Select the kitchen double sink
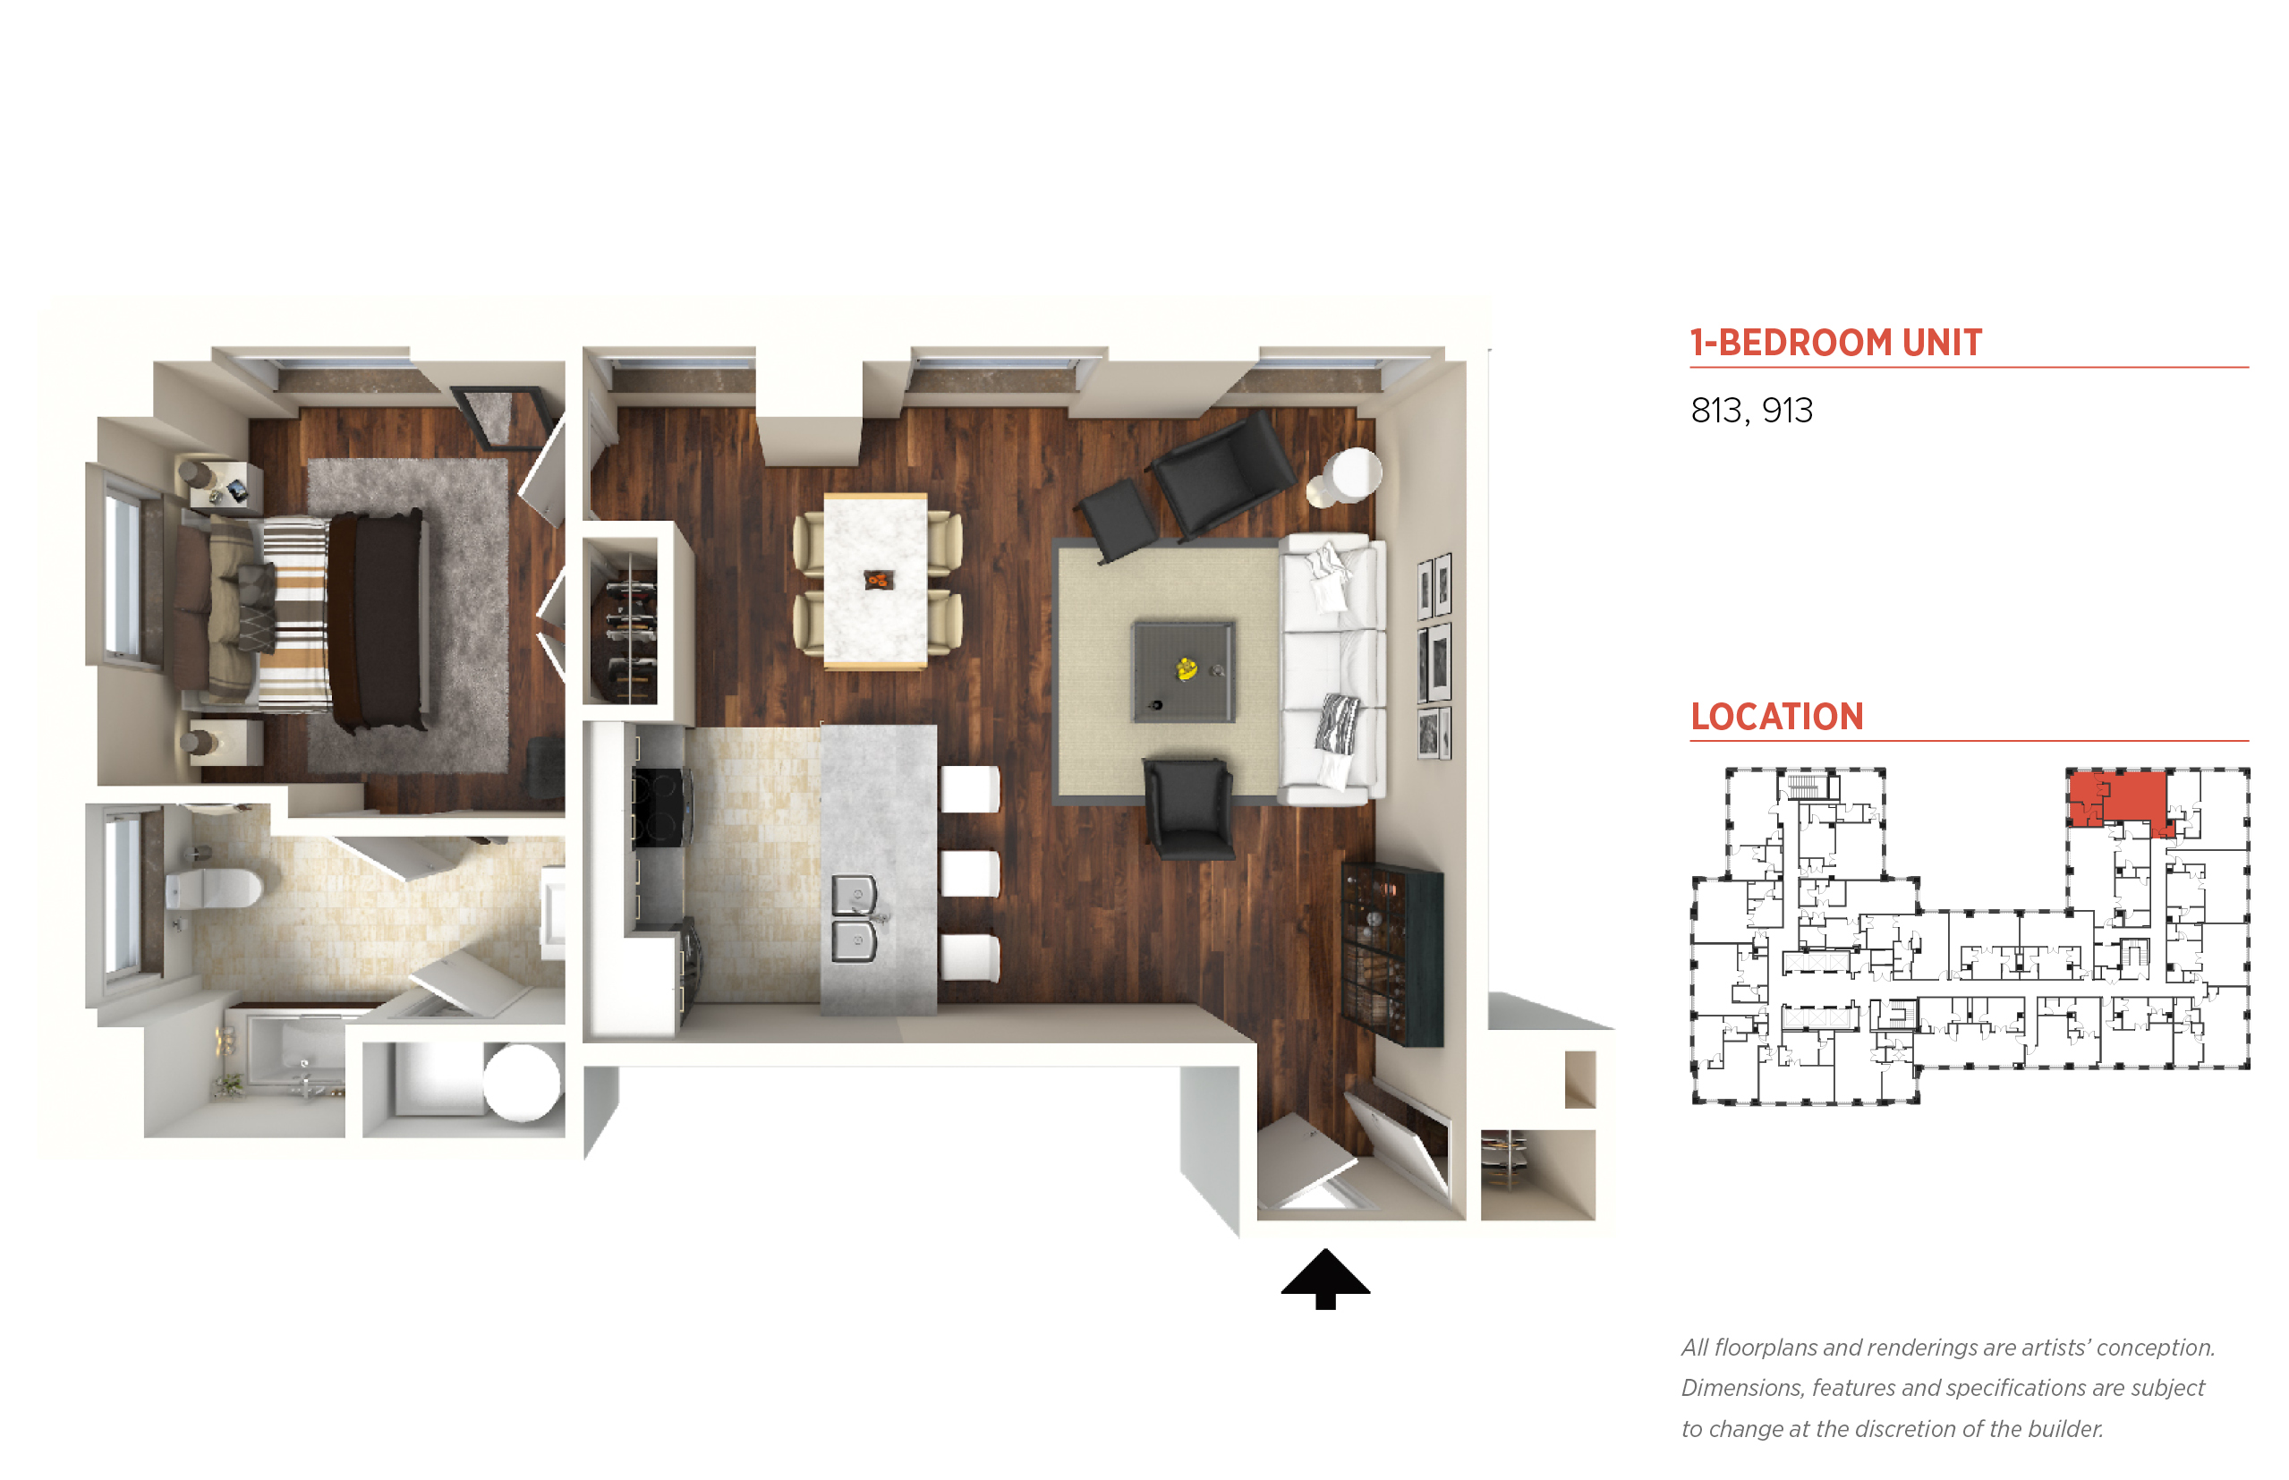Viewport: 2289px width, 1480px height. [x=855, y=918]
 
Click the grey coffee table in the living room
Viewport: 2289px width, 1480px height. [x=1183, y=671]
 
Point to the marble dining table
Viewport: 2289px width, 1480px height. [x=875, y=581]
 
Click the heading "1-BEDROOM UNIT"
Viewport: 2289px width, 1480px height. [x=1835, y=342]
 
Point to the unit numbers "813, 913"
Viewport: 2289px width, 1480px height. [x=1751, y=411]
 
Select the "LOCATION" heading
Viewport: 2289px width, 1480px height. [x=1777, y=716]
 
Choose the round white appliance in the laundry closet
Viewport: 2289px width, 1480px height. [x=521, y=1082]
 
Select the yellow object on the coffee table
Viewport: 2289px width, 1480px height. [x=1187, y=668]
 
